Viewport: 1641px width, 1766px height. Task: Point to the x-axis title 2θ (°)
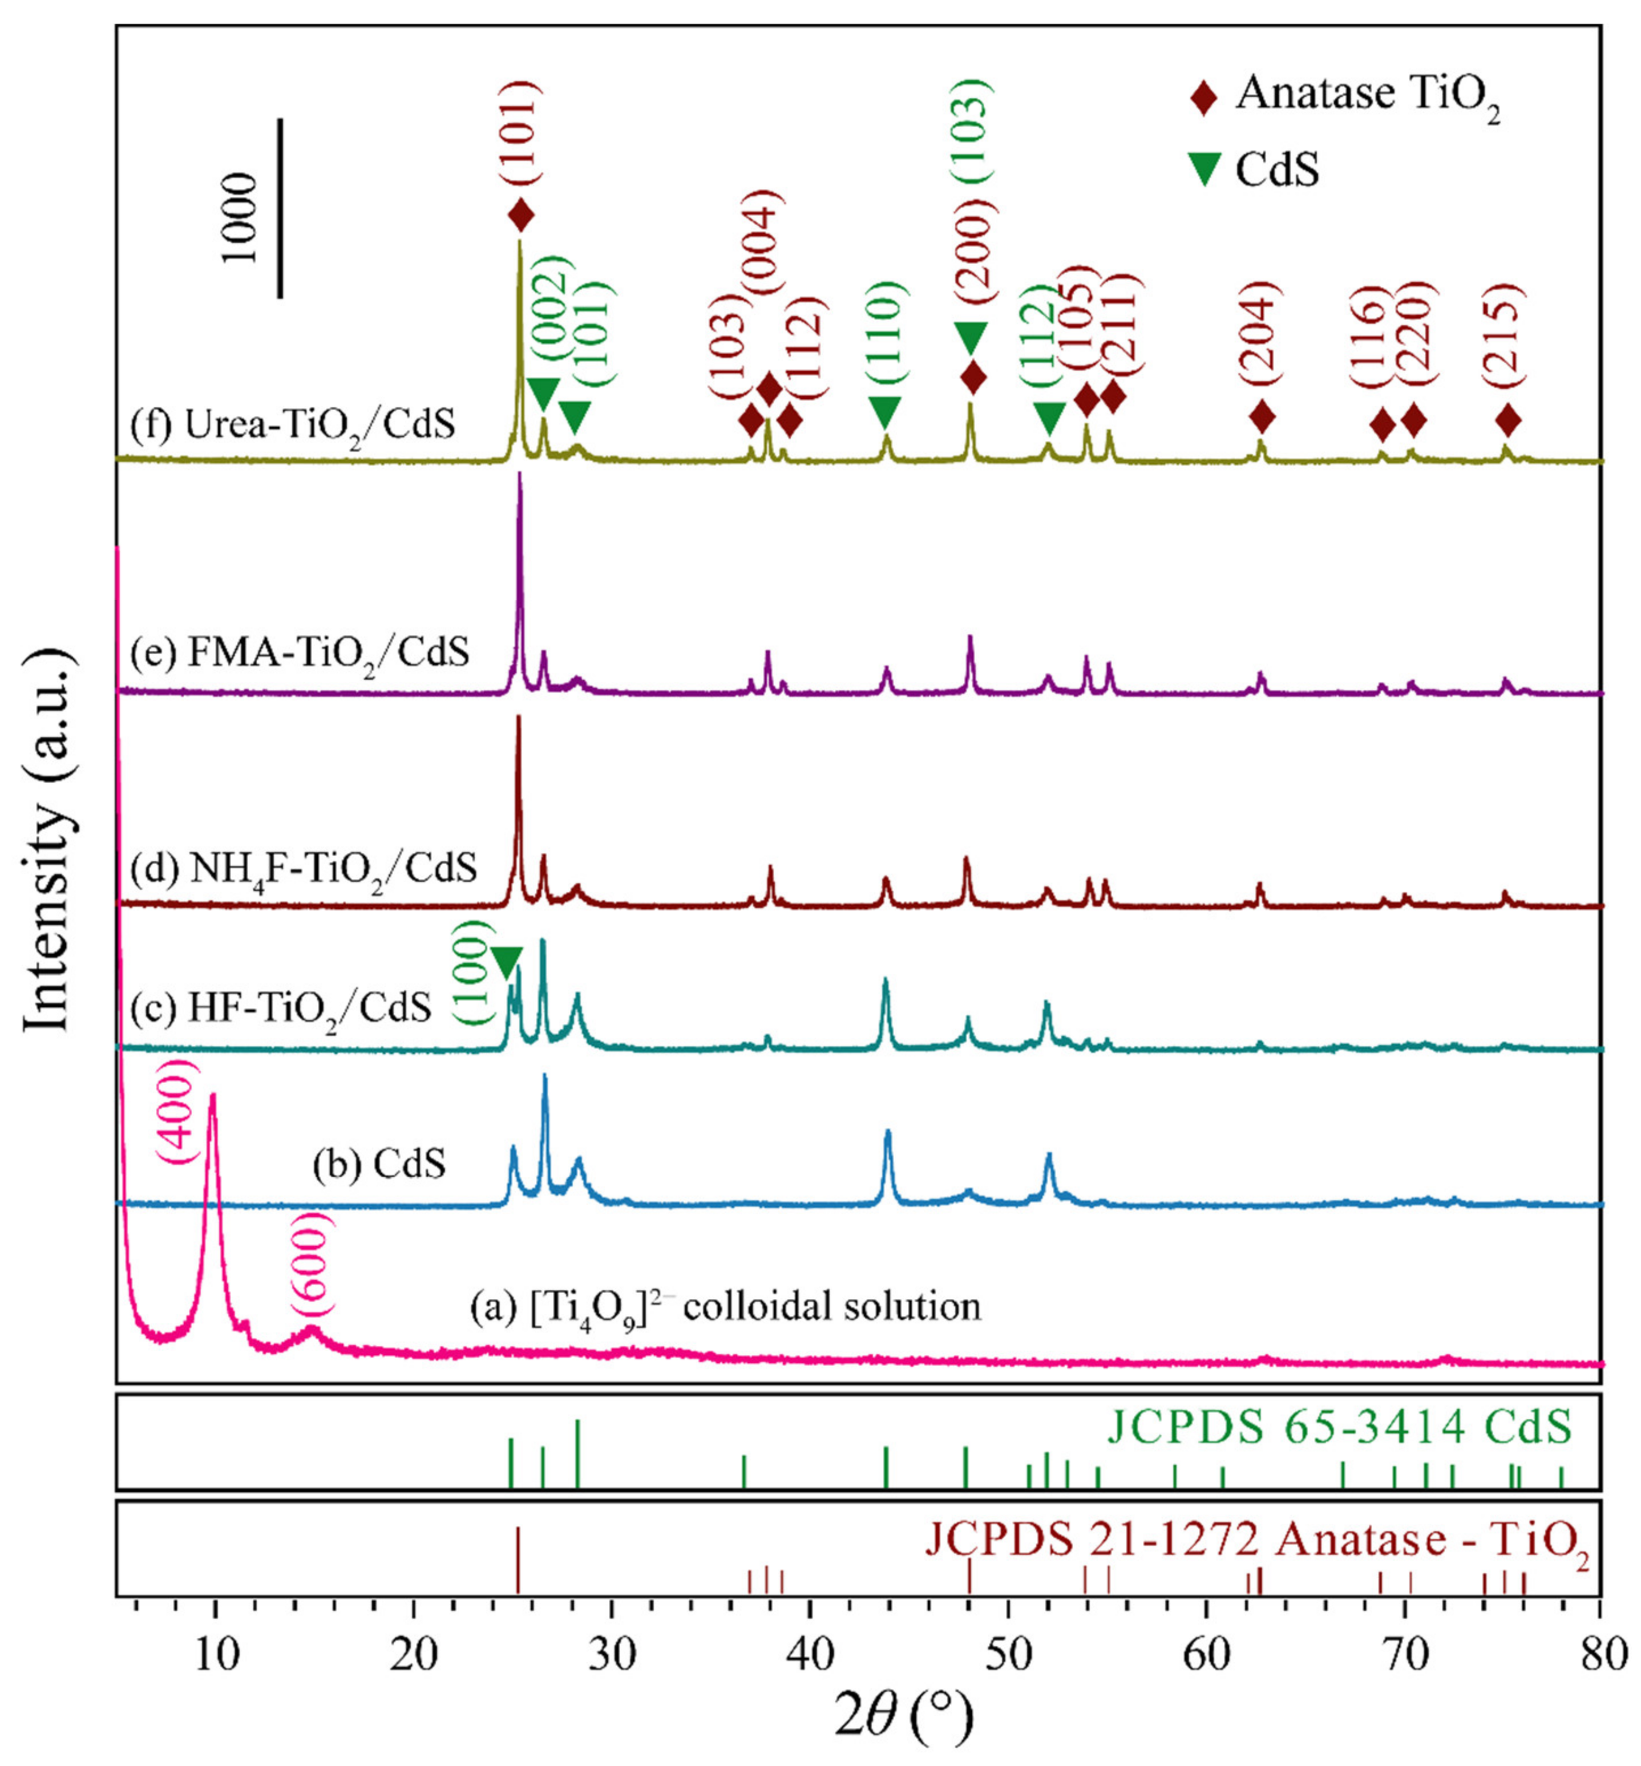[x=904, y=1717]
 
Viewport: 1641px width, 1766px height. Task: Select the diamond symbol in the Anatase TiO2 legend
[x=1205, y=97]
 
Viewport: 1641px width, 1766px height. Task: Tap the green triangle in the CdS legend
[x=1205, y=169]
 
